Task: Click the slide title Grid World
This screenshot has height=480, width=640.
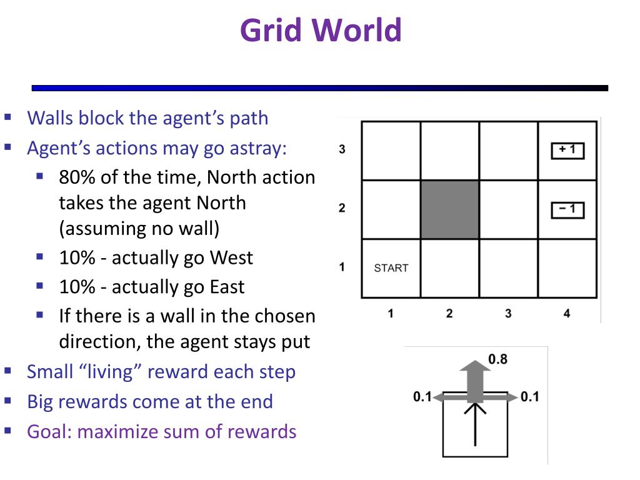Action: click(321, 30)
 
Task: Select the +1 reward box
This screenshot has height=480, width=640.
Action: click(567, 151)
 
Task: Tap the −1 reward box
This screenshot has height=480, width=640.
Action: click(567, 209)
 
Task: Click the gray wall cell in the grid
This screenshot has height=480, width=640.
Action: click(450, 209)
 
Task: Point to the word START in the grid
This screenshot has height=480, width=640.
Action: click(391, 268)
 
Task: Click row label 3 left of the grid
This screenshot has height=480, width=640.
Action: click(342, 150)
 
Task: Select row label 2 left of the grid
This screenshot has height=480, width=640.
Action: click(342, 208)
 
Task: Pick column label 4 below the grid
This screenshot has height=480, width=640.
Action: click(567, 313)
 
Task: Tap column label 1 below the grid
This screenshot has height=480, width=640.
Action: click(391, 313)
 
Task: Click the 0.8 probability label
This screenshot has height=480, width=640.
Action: click(497, 359)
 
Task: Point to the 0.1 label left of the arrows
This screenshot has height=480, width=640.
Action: click(422, 396)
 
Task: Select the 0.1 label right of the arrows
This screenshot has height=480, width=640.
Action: click(529, 396)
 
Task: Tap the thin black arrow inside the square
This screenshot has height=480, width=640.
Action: click(476, 425)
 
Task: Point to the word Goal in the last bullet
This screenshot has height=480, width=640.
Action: click(48, 431)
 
